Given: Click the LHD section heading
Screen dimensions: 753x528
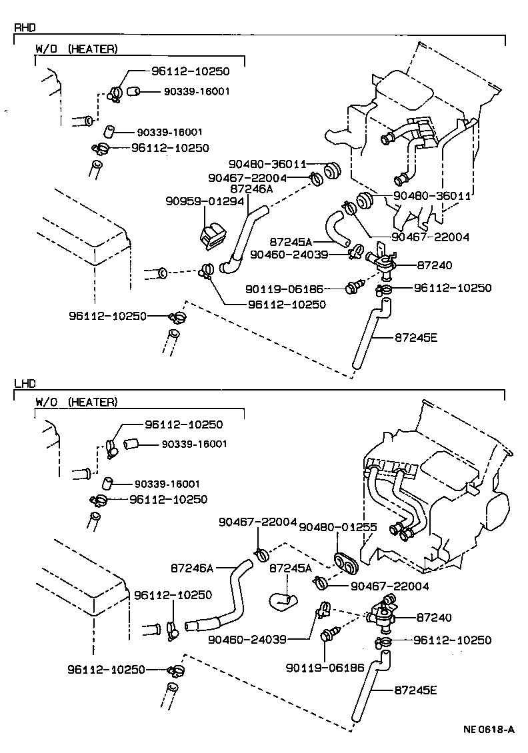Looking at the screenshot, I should click(x=25, y=384).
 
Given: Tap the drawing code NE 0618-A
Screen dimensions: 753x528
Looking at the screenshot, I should click(x=489, y=729).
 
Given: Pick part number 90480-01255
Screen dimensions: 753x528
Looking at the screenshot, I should click(x=338, y=527).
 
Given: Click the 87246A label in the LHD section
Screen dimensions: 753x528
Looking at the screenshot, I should click(x=191, y=568).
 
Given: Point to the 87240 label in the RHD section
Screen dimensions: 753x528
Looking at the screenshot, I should click(x=434, y=265).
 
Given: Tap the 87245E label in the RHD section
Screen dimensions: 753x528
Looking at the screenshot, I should click(x=415, y=337).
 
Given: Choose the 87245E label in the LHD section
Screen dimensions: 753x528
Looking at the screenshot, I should click(x=415, y=690).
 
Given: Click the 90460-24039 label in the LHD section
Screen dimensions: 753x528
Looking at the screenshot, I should click(x=247, y=639).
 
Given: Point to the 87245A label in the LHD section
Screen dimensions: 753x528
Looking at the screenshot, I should click(x=290, y=568).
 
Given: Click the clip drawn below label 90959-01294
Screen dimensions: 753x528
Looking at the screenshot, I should click(x=212, y=237).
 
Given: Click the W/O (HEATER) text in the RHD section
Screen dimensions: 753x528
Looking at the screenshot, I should click(x=77, y=49).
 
